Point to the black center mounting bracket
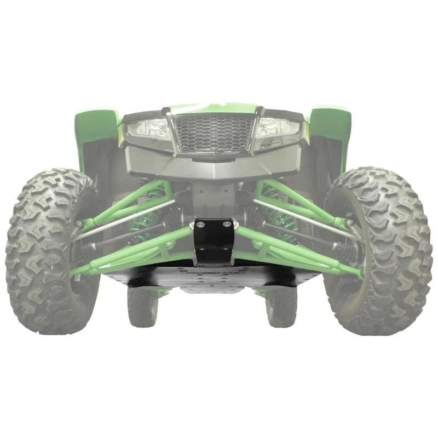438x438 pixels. tap(214, 241)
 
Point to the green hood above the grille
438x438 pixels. tap(214, 108)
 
